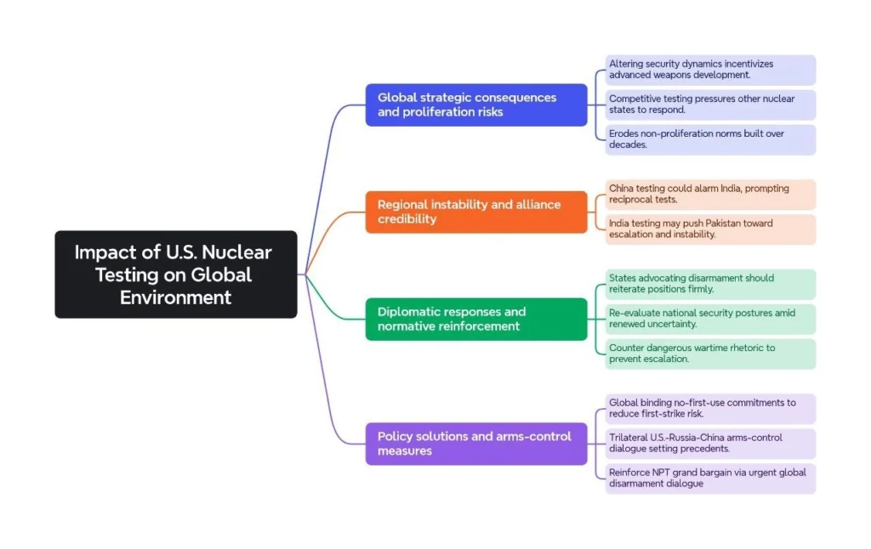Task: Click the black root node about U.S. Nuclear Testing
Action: (176, 274)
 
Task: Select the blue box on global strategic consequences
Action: (475, 105)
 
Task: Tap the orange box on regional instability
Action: (475, 212)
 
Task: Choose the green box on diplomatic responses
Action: (475, 319)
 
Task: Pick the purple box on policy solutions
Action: (475, 443)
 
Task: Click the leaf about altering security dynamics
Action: (710, 70)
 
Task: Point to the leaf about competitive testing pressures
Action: (710, 105)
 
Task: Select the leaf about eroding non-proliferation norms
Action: (710, 139)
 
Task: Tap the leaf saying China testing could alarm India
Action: (710, 194)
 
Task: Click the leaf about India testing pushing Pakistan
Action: (710, 229)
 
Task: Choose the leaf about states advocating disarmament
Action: (710, 284)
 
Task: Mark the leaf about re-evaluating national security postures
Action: (710, 319)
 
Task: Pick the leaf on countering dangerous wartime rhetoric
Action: (710, 354)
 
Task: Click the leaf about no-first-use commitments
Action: (710, 408)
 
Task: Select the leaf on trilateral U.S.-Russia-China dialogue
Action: (710, 443)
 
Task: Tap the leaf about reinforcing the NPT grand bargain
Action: (710, 478)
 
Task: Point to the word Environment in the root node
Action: (176, 297)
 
